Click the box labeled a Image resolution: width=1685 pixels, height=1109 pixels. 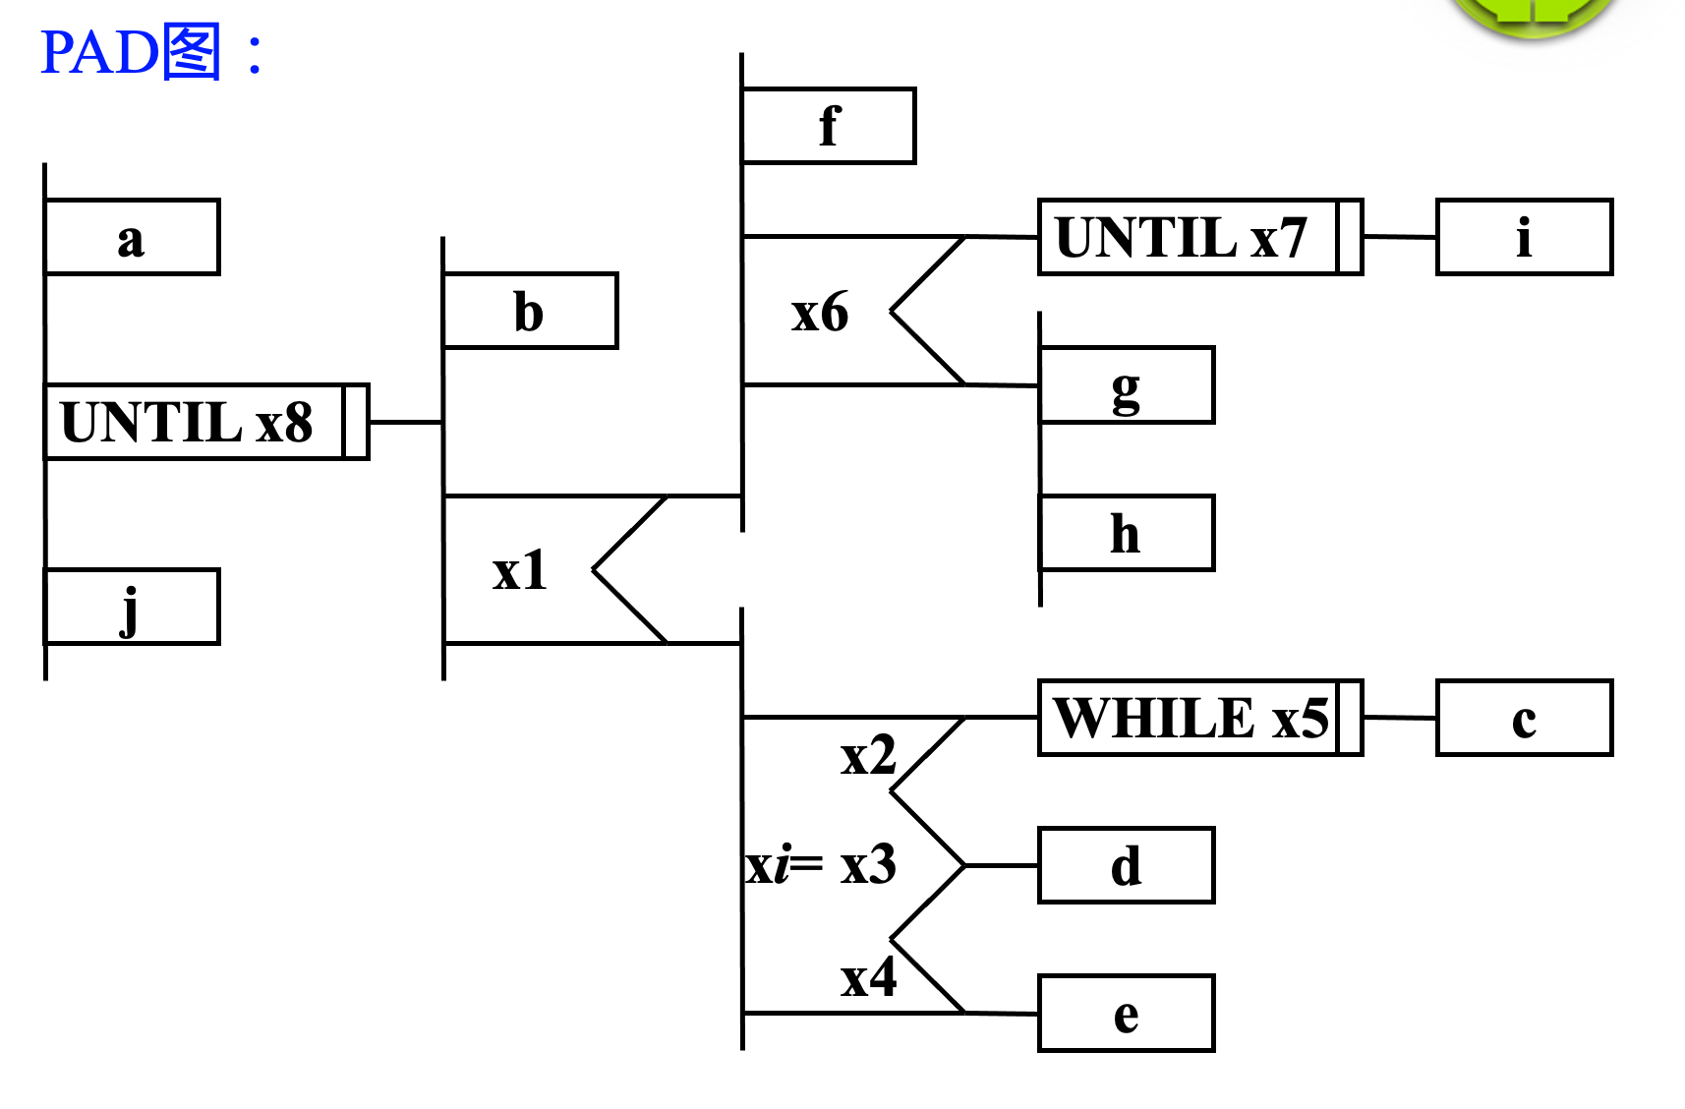(132, 237)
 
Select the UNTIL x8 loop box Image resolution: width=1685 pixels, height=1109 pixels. (206, 422)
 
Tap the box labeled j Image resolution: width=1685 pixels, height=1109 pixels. (132, 607)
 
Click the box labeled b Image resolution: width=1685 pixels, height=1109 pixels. (530, 311)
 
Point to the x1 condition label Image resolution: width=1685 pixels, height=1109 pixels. (519, 570)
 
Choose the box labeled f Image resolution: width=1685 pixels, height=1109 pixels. (829, 126)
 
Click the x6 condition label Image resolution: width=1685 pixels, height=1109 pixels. (819, 312)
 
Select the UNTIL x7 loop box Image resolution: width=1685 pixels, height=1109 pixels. (1199, 237)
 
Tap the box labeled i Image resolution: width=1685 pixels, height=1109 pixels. (1524, 237)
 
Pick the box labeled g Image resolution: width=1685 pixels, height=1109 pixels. (1127, 385)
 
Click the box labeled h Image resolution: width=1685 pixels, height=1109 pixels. (1127, 533)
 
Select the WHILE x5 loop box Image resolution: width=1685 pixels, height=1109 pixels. (1199, 718)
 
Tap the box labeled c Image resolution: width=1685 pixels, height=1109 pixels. (1524, 718)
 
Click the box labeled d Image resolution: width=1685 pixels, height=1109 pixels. (1127, 865)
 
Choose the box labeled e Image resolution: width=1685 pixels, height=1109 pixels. (1127, 1014)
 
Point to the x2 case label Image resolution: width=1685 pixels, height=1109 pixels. (868, 755)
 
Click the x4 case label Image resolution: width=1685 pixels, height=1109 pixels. (868, 977)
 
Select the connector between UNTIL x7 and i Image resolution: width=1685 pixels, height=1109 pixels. (1399, 237)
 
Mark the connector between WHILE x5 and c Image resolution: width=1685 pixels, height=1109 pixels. (1399, 718)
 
